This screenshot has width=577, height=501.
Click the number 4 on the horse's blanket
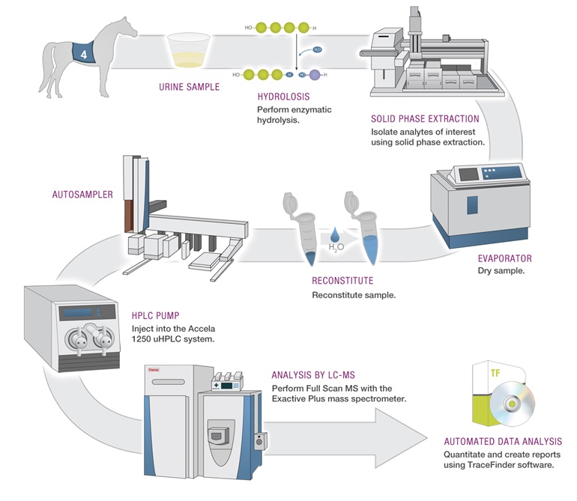84,55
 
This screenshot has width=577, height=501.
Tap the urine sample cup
188,50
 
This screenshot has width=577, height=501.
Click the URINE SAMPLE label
189,87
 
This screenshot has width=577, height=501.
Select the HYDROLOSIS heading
283,97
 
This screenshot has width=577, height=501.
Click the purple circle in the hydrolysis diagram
315,75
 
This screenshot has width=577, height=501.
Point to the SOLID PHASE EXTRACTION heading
425,119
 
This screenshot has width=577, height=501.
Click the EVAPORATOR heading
504,258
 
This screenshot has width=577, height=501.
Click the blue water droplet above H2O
334,234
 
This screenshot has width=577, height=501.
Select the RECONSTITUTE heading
342,281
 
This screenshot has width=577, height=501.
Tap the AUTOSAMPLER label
82,195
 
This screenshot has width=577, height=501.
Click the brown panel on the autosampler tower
127,216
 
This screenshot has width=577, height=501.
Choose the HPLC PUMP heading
155,315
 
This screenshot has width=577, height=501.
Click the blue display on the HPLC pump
78,313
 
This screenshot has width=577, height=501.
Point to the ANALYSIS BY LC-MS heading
313,375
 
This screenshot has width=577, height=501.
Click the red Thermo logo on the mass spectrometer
154,370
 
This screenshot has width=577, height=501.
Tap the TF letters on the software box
495,374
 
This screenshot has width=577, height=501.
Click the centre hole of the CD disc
512,404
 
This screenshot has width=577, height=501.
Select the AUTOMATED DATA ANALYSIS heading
503,441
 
